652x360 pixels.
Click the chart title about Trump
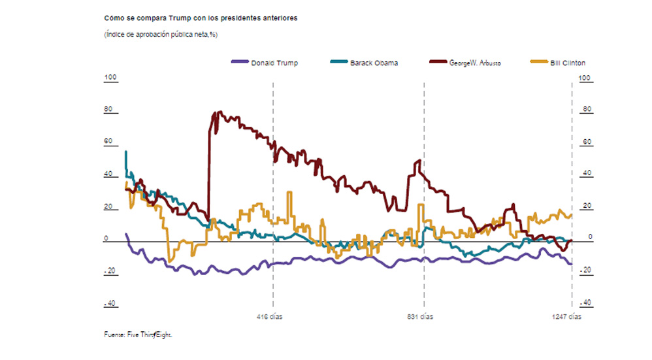(200, 18)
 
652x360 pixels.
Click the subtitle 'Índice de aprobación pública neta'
(161, 35)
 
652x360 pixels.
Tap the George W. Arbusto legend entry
(465, 63)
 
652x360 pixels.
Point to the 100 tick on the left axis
(110, 78)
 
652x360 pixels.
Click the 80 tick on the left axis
(108, 110)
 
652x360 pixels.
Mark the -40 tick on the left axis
(110, 303)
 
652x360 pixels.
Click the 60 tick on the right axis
(586, 142)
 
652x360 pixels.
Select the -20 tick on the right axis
(585, 270)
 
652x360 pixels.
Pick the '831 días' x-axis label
(420, 317)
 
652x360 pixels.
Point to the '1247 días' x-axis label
(566, 317)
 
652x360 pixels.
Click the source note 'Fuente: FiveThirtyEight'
(139, 335)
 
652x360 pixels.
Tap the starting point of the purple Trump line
(126, 234)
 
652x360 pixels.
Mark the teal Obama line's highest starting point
(125, 152)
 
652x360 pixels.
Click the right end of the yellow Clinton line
(572, 215)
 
